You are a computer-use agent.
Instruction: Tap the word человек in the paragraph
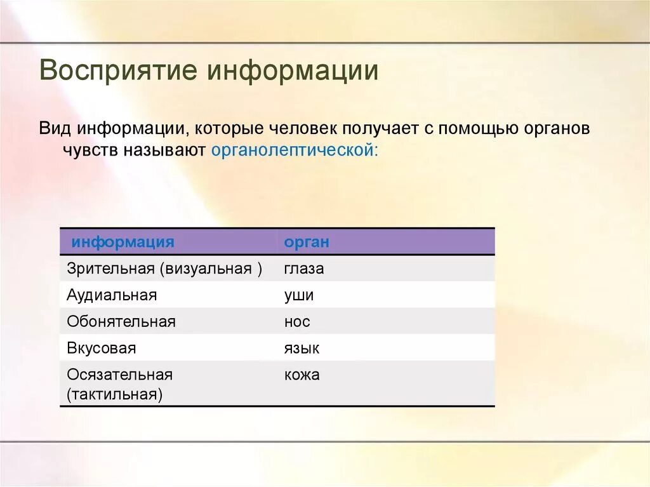[302, 129]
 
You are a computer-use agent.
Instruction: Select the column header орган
[307, 242]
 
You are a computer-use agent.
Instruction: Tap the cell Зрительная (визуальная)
[164, 269]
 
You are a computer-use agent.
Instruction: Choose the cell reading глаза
[304, 269]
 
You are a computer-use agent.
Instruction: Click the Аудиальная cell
[112, 295]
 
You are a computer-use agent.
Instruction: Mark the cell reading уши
[299, 295]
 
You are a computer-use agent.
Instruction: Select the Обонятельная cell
[121, 322]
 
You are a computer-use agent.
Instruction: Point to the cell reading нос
[297, 322]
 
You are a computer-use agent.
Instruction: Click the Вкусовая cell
[102, 349]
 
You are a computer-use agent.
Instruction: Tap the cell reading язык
[302, 349]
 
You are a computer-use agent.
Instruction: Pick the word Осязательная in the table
[120, 375]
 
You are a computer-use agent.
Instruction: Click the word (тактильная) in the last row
[115, 394]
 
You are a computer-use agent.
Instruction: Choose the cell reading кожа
[302, 375]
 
